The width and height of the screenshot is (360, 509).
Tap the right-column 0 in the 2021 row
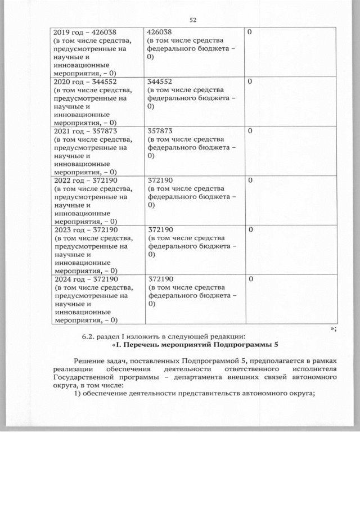(250, 131)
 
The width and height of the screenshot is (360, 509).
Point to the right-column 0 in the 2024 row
(250, 280)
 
